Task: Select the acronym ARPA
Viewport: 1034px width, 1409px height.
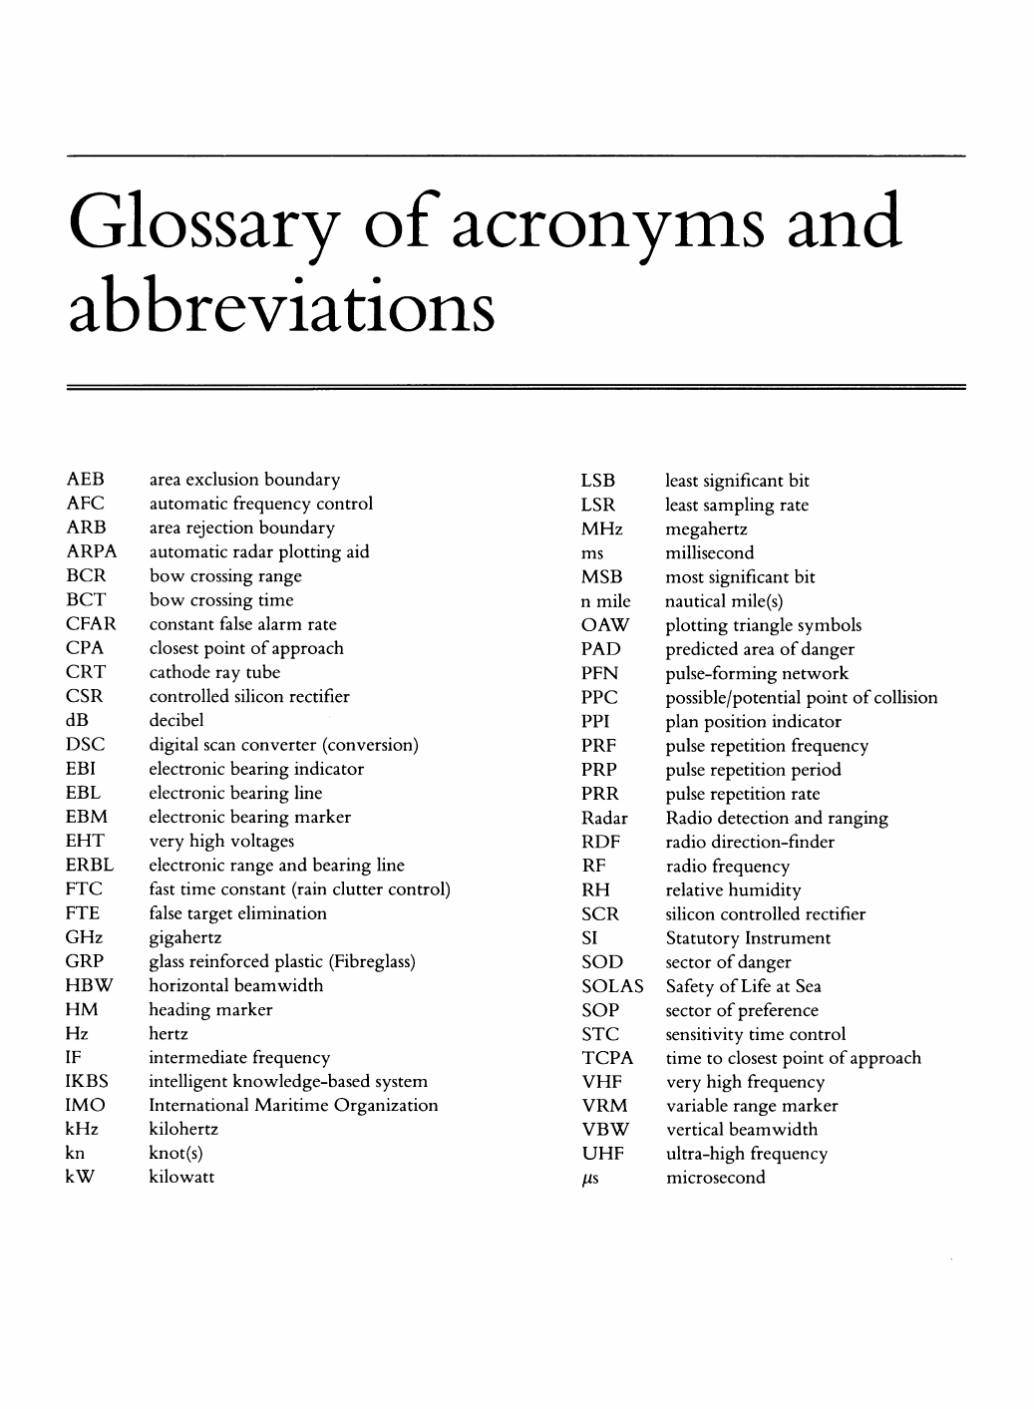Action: point(92,552)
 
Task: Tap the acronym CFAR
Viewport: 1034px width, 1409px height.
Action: point(91,624)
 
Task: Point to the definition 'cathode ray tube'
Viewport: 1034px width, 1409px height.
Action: point(214,672)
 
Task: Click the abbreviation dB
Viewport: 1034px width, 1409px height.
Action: point(78,720)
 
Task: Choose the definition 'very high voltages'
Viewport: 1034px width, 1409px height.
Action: point(221,841)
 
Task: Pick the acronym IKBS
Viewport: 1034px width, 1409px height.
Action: point(87,1081)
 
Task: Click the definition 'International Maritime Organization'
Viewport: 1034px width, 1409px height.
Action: point(293,1105)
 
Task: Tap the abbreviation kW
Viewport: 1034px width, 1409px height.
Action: point(82,1177)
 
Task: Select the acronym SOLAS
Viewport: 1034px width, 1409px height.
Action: point(612,986)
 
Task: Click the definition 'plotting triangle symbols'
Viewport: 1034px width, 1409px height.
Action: point(764,625)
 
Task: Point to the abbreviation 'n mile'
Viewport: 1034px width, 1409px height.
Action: point(605,601)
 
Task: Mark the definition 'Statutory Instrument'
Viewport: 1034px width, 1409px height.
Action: point(748,938)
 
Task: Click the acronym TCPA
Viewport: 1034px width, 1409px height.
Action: point(607,1058)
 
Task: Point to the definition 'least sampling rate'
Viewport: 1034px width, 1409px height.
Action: point(737,506)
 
